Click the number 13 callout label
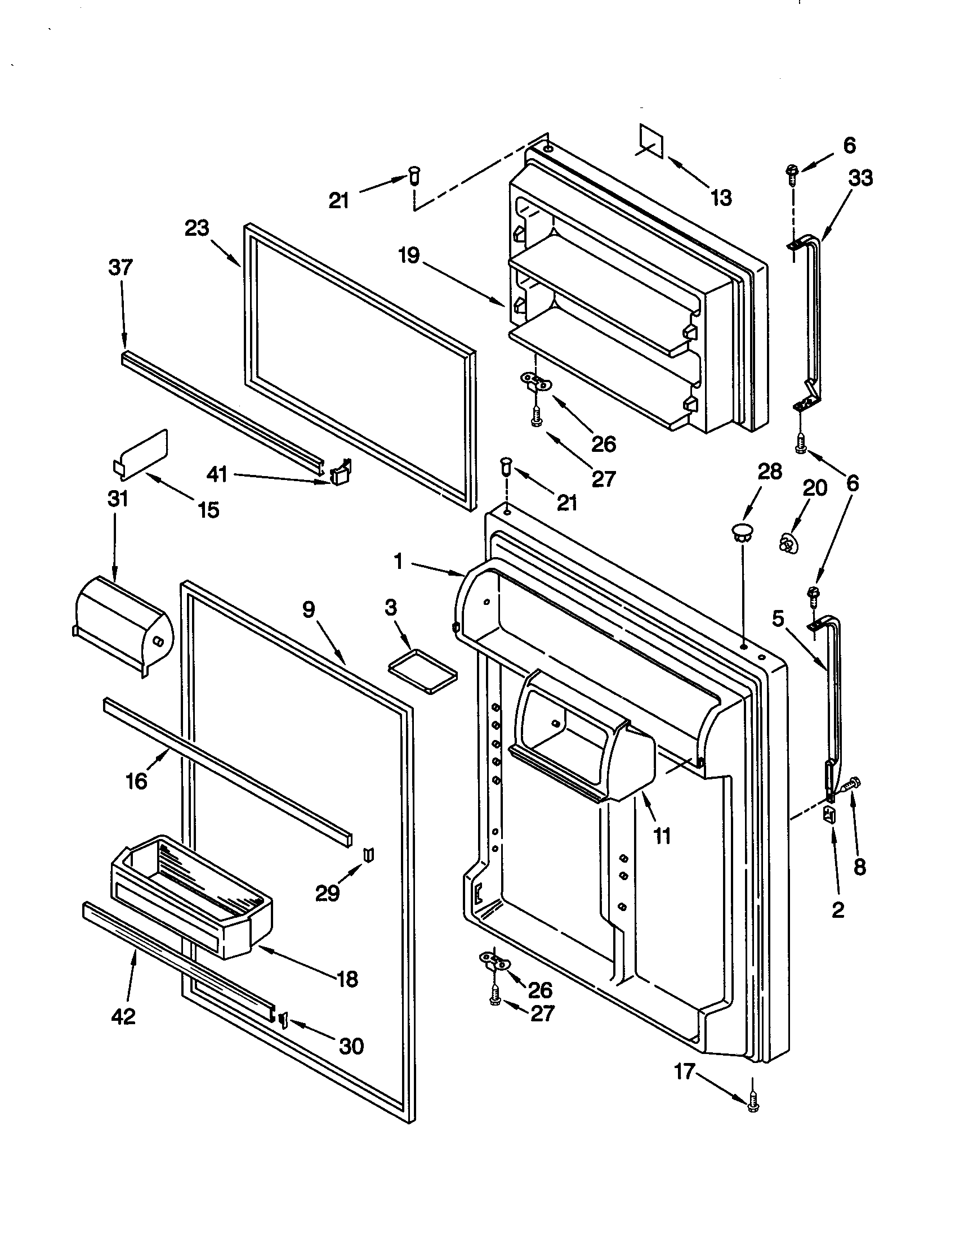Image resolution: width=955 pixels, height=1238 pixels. pos(721,198)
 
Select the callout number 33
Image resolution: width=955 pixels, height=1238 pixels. pos(860,178)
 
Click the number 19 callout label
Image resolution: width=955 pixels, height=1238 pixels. pos(408,255)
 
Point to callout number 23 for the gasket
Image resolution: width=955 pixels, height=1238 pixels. pos(197,228)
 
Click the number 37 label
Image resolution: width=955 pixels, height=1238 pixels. pos(121,267)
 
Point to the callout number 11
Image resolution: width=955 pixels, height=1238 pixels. pos(662,836)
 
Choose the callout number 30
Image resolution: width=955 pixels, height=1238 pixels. pos(351,1046)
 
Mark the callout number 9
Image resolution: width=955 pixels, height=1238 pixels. pos(308,609)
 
